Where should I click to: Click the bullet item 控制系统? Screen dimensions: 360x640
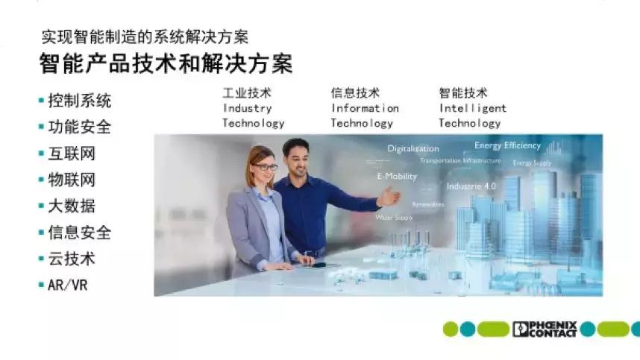(79, 101)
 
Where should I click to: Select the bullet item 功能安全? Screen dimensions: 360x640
(79, 127)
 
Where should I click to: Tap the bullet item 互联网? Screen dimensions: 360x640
(72, 154)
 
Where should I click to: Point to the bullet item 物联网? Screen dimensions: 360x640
(72, 180)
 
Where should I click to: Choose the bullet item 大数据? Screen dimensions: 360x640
(72, 206)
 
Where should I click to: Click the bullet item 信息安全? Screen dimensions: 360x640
(79, 233)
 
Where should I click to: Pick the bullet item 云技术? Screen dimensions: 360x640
(72, 259)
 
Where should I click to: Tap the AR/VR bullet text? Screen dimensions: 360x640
(67, 285)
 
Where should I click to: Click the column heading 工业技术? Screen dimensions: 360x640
(246, 93)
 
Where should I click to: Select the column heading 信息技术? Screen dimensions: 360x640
(355, 93)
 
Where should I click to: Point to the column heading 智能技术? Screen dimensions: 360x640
(463, 93)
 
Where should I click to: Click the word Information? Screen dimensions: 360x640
(365, 108)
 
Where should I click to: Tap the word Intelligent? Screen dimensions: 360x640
(472, 108)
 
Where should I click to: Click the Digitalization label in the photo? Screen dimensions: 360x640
(412, 148)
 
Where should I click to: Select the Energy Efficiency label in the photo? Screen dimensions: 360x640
(507, 145)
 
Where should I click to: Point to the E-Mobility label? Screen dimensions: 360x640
(396, 177)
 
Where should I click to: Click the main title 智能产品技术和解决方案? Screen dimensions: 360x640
(166, 64)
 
